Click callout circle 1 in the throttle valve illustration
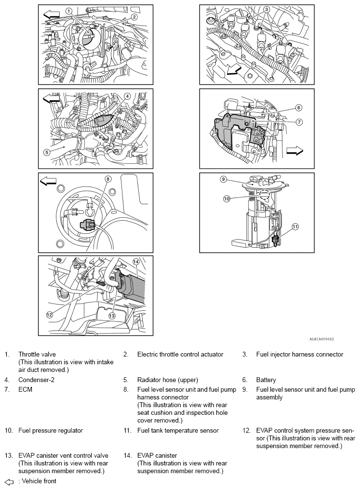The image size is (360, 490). [x=69, y=11]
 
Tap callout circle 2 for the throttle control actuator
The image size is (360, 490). [x=134, y=17]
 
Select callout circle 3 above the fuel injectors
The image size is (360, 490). [x=267, y=9]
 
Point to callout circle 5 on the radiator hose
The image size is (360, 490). [x=47, y=152]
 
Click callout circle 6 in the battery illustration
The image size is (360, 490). [x=299, y=107]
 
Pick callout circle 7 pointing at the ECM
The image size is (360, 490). [x=299, y=122]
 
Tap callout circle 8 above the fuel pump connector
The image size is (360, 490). [x=108, y=179]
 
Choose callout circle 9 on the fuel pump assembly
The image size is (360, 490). [x=223, y=179]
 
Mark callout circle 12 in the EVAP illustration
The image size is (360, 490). [x=49, y=314]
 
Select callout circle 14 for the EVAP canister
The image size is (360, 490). [x=136, y=262]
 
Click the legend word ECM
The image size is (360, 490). [x=25, y=389]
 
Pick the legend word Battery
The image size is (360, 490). [x=266, y=380]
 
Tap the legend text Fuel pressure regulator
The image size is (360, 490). [x=51, y=430]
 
